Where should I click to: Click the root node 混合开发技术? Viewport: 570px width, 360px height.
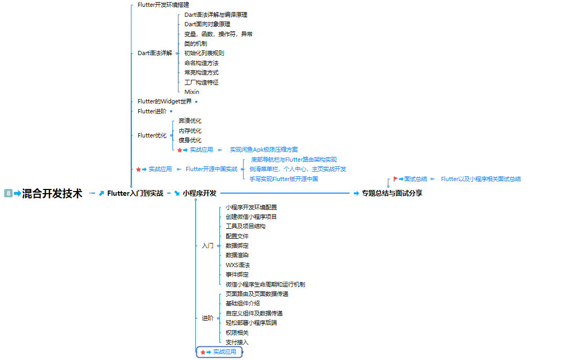coord(52,194)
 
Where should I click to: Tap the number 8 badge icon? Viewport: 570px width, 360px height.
coord(8,194)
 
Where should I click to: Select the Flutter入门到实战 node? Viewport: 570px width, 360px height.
coord(135,193)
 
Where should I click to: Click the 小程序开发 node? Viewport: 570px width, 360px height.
coord(199,193)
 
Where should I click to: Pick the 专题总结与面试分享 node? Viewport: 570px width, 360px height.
coord(392,193)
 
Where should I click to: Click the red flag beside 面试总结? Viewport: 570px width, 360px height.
coord(395,179)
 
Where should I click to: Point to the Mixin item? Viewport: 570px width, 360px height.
coord(192,92)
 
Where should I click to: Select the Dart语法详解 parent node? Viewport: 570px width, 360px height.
coord(154,53)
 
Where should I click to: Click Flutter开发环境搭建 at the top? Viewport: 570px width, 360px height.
coord(163,5)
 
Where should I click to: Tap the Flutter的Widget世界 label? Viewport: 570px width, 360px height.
coord(164,101)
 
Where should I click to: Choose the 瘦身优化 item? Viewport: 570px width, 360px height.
coord(189,140)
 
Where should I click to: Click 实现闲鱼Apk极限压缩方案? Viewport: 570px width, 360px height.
coord(263,150)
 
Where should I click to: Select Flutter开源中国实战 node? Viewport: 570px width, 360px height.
coord(211,169)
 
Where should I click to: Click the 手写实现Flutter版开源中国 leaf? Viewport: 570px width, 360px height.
coord(283,179)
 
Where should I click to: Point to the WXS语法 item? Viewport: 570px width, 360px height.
coord(237,265)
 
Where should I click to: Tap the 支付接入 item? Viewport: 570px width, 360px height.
coord(237,342)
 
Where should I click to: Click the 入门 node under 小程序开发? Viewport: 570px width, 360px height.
coord(207,246)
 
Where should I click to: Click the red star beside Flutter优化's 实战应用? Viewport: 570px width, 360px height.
coord(180,150)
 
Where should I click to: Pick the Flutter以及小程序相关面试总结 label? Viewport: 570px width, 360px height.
coord(481,179)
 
